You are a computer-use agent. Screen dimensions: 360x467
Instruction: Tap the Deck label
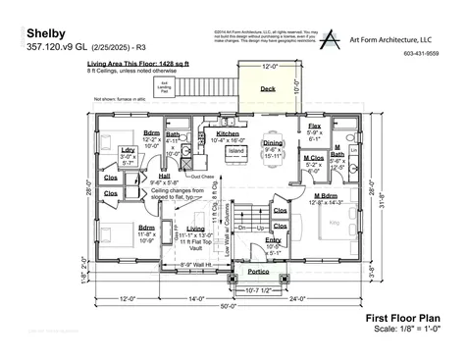click(x=268, y=88)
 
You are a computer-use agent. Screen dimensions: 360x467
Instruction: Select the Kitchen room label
click(x=228, y=133)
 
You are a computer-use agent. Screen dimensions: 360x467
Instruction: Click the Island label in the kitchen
click(x=235, y=152)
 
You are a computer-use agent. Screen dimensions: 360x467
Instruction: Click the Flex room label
click(x=314, y=128)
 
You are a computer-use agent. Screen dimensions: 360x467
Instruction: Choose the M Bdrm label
click(x=326, y=196)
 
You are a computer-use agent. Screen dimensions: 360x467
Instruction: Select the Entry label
click(x=273, y=240)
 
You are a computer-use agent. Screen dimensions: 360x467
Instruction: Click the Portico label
click(x=259, y=270)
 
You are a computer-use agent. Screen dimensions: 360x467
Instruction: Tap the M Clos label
click(x=314, y=158)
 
